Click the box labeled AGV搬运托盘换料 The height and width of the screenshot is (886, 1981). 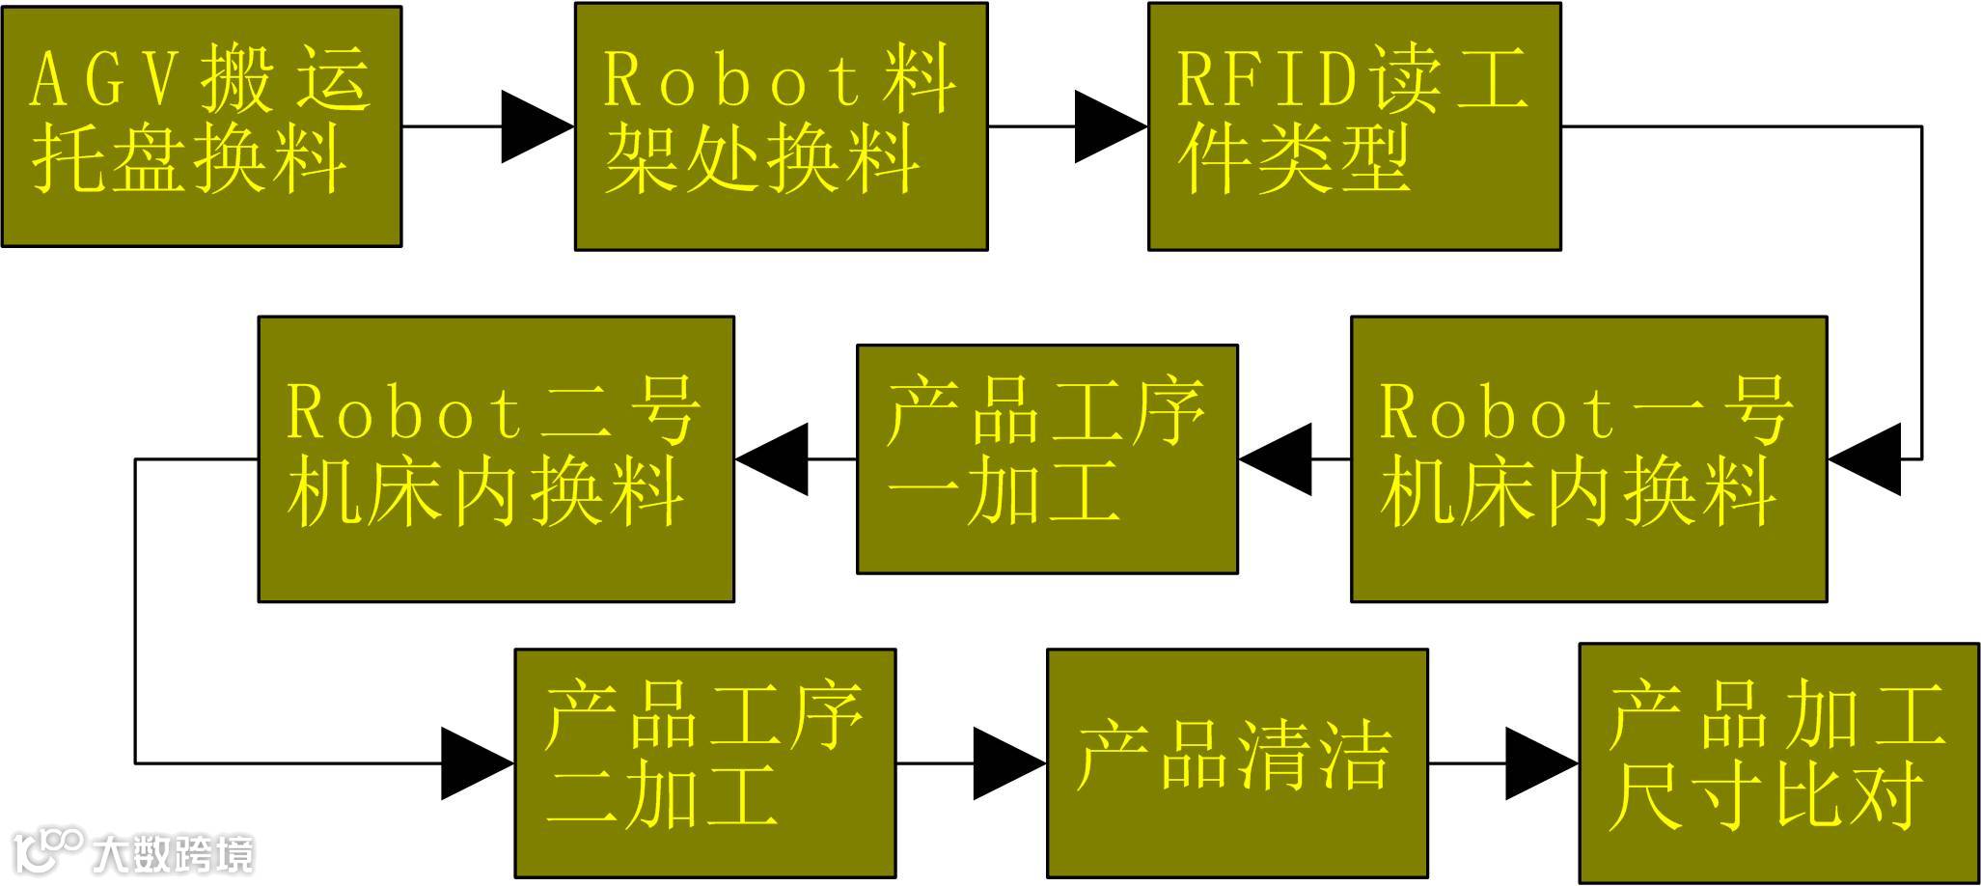(201, 126)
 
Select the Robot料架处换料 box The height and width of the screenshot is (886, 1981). (781, 126)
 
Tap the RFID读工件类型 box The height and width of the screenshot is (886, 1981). (1354, 126)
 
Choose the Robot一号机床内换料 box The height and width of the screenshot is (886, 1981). (1588, 459)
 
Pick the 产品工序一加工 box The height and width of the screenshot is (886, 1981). (1047, 459)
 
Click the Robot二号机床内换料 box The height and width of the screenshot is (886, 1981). (496, 459)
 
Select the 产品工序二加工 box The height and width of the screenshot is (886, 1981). (705, 763)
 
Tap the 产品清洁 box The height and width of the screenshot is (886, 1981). (1237, 763)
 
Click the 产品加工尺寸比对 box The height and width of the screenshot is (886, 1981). (1778, 763)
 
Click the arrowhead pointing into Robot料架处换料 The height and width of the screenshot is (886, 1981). (537, 126)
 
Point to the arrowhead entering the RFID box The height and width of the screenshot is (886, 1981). (1110, 126)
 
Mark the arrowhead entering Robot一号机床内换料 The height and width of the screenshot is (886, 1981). (1864, 459)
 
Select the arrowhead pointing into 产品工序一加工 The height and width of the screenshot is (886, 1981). (1276, 459)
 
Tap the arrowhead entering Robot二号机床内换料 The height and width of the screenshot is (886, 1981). (772, 459)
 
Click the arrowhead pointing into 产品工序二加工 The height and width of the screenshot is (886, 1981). (477, 763)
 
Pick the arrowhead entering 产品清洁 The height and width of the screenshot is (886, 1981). (1008, 763)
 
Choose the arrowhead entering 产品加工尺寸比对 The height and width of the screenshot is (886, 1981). (1541, 763)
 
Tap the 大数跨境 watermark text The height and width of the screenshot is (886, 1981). (174, 853)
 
